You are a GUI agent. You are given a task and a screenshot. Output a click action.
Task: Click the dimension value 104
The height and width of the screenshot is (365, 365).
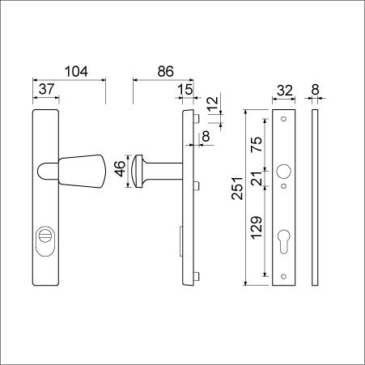coord(76,71)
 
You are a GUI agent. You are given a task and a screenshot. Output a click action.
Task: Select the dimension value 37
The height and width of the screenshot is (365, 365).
coord(46,89)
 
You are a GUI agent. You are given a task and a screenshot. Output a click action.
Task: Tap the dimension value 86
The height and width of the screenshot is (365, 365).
coord(166,71)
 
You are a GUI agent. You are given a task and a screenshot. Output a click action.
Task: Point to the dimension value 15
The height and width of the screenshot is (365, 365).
coord(185,90)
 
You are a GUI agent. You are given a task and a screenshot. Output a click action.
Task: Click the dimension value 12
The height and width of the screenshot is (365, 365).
coord(213,102)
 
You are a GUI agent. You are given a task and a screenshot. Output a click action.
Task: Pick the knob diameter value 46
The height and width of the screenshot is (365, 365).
coord(121,168)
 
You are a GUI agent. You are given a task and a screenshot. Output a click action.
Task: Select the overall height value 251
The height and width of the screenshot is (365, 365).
coord(237,189)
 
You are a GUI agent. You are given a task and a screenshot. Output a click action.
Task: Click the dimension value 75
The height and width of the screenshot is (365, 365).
coord(257,144)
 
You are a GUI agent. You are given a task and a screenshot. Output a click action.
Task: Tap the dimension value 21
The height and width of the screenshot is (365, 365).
coord(257,178)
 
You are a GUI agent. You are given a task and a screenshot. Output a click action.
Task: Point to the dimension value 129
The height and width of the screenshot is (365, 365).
coord(257,228)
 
